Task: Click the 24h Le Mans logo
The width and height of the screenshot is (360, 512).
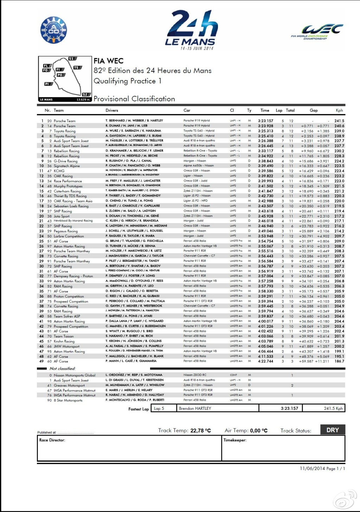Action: click(191, 30)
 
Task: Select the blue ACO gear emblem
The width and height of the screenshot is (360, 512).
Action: click(53, 30)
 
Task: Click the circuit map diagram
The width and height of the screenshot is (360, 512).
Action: click(65, 79)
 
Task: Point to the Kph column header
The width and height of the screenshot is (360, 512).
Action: click(339, 110)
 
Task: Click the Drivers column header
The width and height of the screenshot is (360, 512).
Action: click(112, 110)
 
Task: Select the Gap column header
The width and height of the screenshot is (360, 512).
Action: click(314, 110)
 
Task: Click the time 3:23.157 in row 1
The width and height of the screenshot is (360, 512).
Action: click(265, 121)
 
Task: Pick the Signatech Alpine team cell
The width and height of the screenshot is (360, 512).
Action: click(66, 166)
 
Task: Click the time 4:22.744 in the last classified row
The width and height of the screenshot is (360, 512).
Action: click(265, 361)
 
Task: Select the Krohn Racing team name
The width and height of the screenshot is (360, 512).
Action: click(64, 341)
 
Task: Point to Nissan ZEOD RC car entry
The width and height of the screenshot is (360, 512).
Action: click(195, 375)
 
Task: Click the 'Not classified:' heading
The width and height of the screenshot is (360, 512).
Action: click(63, 369)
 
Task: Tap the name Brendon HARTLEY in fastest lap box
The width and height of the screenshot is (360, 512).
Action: click(195, 409)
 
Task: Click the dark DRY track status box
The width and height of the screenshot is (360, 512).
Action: click(333, 430)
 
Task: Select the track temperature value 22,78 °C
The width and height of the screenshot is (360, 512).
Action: click(200, 431)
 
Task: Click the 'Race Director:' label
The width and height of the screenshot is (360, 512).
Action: click(52, 440)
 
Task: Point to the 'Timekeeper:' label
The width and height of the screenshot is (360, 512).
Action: click(235, 440)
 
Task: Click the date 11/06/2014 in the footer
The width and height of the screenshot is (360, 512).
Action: click(312, 468)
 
